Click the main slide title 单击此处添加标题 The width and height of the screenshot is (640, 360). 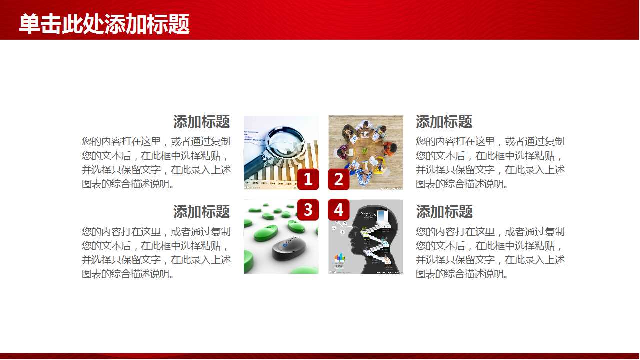(x=104, y=24)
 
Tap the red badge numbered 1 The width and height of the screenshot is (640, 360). (x=308, y=179)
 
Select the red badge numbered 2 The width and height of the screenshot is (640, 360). (x=338, y=179)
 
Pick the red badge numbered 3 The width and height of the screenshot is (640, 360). (x=308, y=210)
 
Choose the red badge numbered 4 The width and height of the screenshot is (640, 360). (x=338, y=210)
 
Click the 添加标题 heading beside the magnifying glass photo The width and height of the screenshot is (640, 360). (x=201, y=122)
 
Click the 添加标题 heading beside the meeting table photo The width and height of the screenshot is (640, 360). (x=444, y=122)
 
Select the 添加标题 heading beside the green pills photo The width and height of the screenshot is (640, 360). (x=201, y=212)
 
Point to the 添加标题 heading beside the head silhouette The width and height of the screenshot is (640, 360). (x=444, y=212)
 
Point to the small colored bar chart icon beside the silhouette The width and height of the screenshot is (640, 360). (x=340, y=258)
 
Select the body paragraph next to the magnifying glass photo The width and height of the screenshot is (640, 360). (x=156, y=163)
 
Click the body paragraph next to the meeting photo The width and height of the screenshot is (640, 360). (x=490, y=163)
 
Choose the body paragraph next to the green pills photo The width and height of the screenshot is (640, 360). (x=156, y=253)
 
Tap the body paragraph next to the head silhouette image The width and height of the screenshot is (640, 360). (x=490, y=253)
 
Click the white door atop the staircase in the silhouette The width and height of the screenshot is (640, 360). (x=382, y=217)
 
